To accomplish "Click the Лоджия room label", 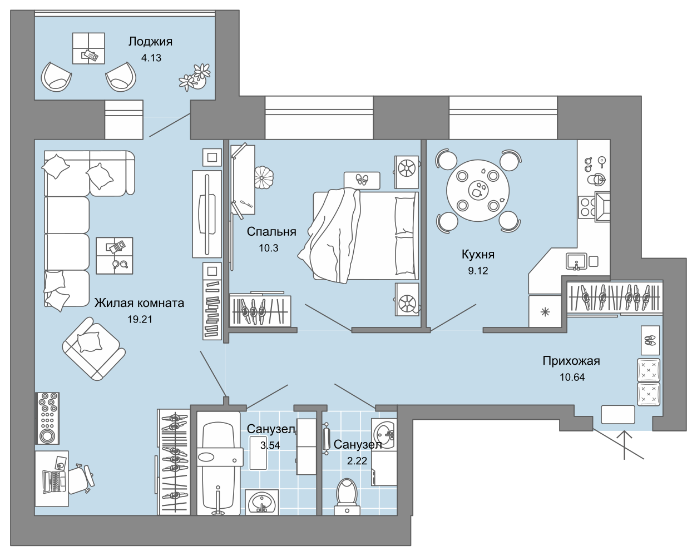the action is pos(150,42).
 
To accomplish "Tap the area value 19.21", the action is pos(140,319).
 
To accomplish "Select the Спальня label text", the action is pos(271,231).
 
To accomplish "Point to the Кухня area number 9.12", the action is pos(478,270).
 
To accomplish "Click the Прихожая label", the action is pos(571,361).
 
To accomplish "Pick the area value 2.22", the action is pos(357,460).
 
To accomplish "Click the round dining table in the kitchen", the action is pos(478,190).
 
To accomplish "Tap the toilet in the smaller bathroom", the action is pos(347,497).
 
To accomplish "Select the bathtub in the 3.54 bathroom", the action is pos(219,463).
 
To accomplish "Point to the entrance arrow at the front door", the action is pos(625,445).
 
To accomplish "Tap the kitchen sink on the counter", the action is pos(576,261).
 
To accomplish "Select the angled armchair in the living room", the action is pos(93,349).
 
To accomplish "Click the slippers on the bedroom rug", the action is pos(362,180).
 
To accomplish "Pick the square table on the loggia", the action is pos(88,48).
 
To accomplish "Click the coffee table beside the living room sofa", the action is pos(115,256).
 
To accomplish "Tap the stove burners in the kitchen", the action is pos(587,207).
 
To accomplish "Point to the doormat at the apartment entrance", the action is pos(617,414).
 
